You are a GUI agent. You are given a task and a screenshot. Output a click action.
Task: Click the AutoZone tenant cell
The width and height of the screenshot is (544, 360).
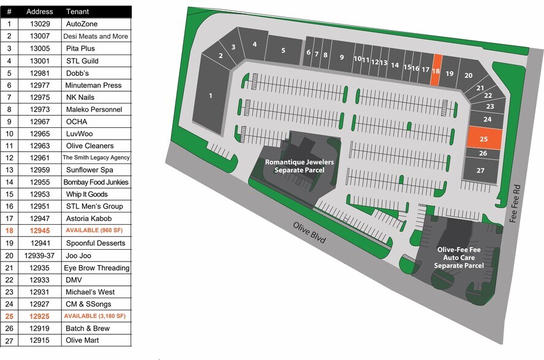coord(82,24)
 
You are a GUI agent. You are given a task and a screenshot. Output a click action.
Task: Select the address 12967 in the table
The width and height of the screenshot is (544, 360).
coord(40,122)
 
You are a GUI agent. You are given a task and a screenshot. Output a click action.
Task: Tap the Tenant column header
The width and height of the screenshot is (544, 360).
coord(77,12)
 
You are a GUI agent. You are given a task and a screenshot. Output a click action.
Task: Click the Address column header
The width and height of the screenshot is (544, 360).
coord(40,12)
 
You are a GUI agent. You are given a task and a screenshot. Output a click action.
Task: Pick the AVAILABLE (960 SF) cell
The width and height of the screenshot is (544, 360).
coord(94,230)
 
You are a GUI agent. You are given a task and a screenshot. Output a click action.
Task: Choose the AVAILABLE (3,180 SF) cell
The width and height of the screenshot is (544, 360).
coord(95,316)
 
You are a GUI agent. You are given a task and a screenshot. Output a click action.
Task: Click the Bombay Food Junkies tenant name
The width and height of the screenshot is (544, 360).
coord(96,182)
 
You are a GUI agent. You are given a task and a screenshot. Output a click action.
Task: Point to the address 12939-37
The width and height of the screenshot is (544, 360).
coord(39,255)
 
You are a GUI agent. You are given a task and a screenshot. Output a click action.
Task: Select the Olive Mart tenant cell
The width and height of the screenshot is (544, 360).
coord(82,340)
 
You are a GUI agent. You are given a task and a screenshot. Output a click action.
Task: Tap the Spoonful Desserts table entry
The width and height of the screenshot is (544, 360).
coord(96,243)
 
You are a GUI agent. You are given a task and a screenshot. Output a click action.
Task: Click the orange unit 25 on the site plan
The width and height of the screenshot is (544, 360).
coord(485,138)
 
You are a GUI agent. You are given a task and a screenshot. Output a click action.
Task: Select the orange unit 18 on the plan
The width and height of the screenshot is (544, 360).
coord(436,70)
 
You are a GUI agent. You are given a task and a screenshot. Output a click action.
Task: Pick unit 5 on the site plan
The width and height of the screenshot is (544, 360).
coord(284,50)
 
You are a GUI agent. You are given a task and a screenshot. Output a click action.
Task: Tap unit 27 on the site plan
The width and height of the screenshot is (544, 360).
coord(480,170)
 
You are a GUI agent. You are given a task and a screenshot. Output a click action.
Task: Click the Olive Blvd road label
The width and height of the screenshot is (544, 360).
coord(309,233)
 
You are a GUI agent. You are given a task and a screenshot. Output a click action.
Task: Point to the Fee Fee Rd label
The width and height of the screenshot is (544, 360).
coord(515,203)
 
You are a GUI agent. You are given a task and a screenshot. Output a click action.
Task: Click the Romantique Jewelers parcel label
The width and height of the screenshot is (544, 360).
coord(300,166)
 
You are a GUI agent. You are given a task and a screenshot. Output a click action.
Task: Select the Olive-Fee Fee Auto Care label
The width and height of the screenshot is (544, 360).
coord(459,258)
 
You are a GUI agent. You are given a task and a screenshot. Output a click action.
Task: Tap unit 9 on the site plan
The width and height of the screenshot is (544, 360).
coord(341,56)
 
